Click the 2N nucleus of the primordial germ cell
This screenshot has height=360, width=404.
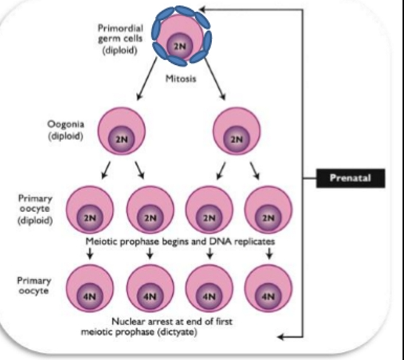tap(181, 46)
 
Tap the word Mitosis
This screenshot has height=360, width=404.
tap(181, 80)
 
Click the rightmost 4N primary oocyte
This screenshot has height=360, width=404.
tap(268, 288)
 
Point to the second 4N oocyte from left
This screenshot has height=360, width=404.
tap(150, 288)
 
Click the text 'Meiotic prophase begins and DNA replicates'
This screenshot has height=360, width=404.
tap(181, 241)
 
